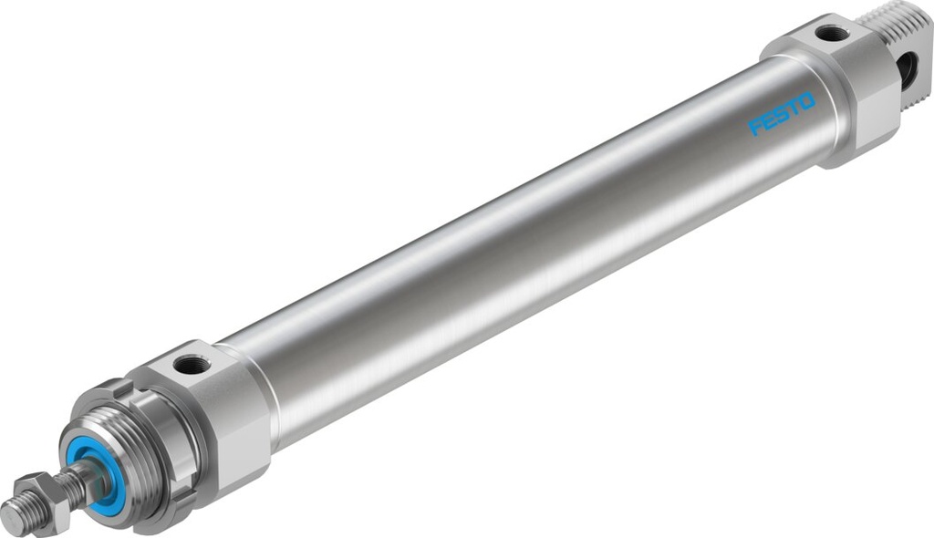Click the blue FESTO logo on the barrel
pos(782,113)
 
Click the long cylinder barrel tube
pos(511,255)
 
